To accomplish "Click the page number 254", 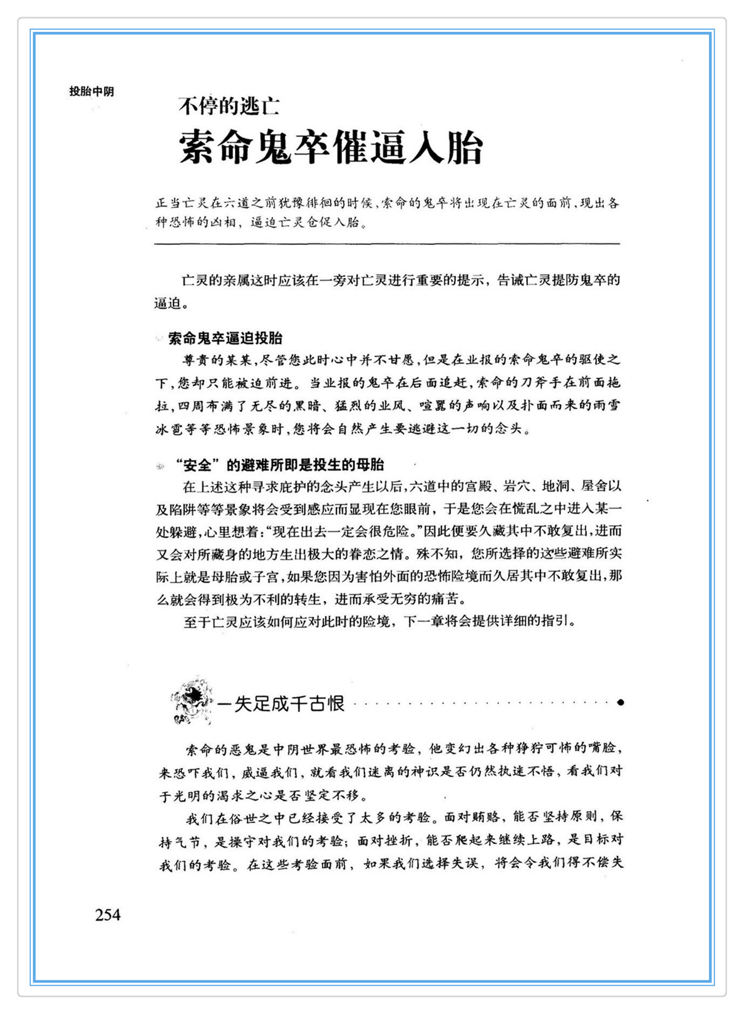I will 108,915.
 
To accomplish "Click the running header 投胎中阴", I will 91,91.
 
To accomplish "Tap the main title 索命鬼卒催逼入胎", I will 331,148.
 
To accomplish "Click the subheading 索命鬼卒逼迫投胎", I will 225,338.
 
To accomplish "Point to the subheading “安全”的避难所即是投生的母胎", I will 279,465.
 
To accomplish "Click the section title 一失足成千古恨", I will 281,704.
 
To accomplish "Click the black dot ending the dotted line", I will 620,703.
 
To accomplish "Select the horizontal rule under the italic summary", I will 387,243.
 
